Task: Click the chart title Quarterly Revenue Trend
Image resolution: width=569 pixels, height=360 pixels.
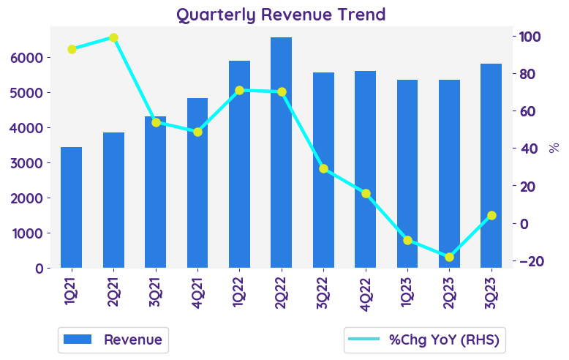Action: tap(281, 14)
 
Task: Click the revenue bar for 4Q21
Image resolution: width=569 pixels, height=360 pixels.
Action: tap(197, 183)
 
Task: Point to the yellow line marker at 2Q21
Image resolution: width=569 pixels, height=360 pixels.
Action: tap(113, 37)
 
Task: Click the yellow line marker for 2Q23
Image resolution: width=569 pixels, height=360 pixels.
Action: tap(449, 257)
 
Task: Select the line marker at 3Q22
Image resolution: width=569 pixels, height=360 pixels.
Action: tap(323, 168)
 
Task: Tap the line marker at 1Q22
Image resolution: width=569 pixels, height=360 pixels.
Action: tap(239, 90)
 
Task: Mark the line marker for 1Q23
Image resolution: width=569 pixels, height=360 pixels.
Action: tap(407, 240)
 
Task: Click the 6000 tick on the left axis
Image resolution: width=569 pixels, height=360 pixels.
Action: tap(29, 57)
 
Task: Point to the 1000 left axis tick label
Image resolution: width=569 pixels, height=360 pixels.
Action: tap(29, 233)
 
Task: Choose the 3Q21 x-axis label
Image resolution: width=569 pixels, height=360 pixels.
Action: tap(156, 289)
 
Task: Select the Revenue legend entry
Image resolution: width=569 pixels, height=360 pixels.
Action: tap(113, 340)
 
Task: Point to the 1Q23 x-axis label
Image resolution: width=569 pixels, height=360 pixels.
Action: tap(407, 289)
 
